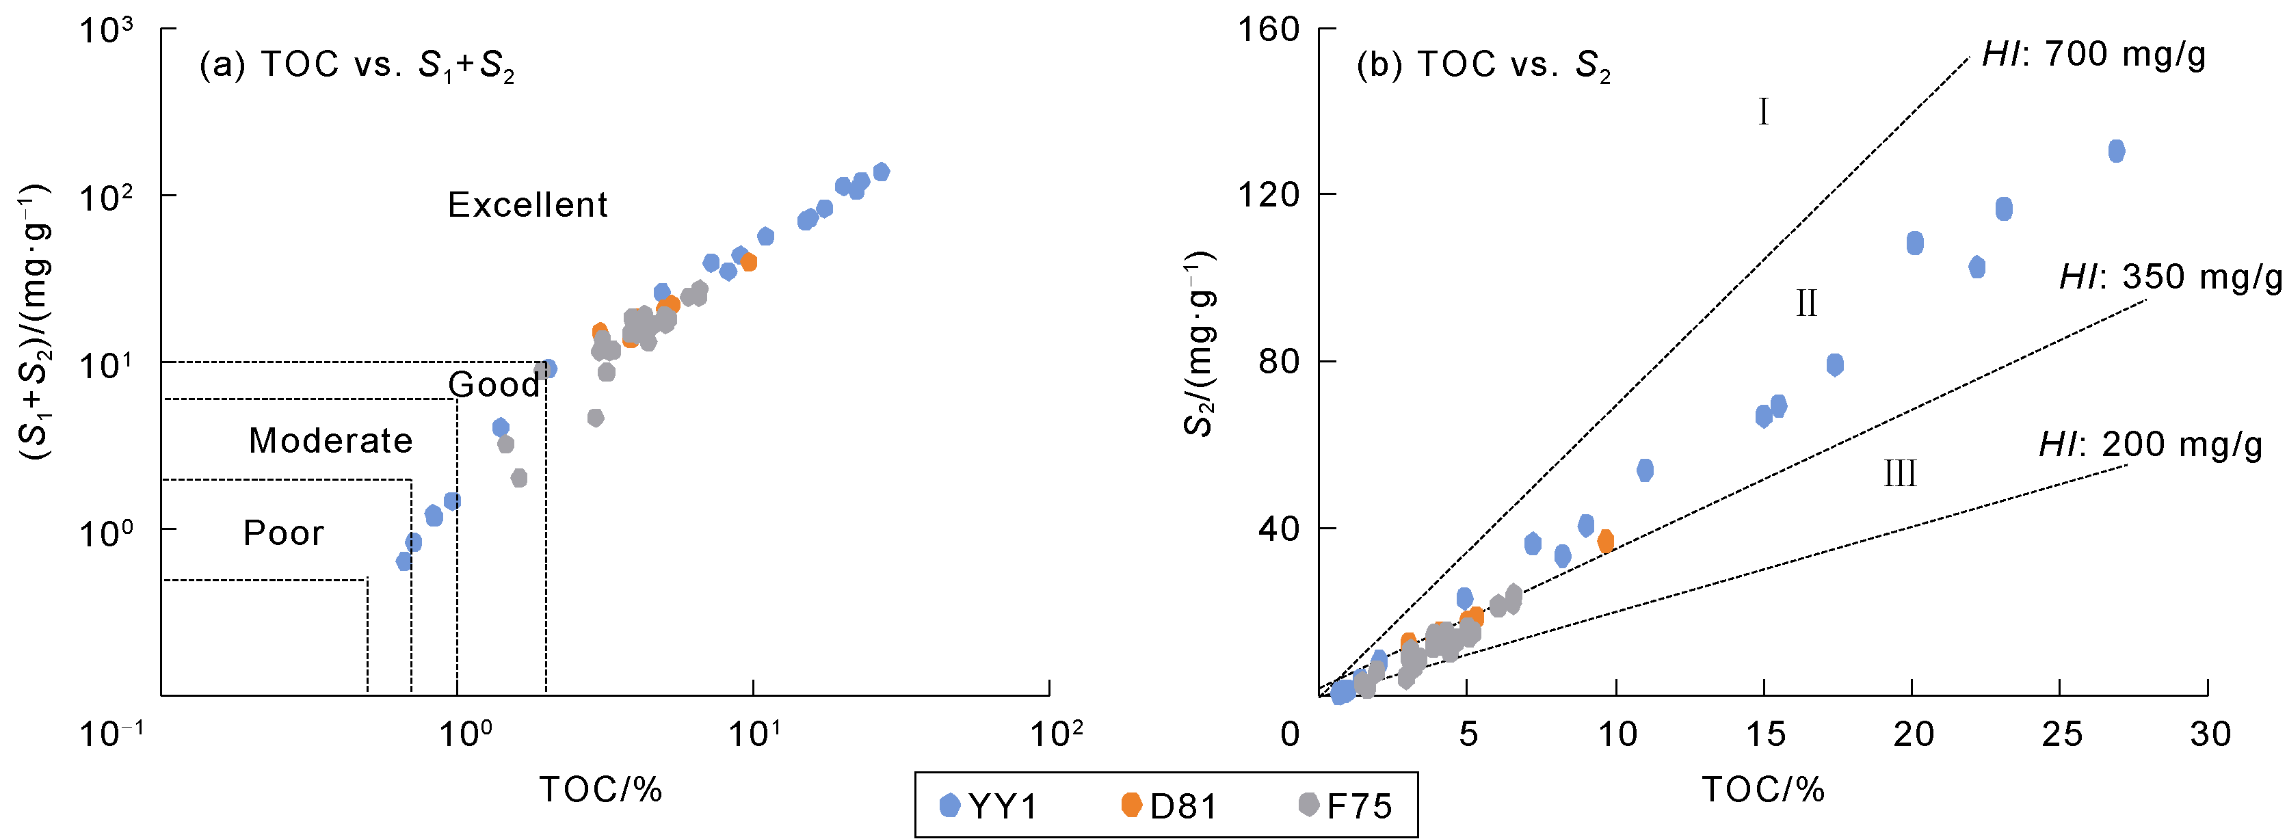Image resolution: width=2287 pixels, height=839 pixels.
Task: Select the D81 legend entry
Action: (x=1170, y=806)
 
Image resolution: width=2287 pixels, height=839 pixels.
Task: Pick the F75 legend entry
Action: (x=1346, y=806)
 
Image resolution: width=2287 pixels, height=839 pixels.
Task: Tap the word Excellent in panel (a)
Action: (x=527, y=205)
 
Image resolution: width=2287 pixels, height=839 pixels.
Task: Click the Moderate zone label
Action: (x=330, y=440)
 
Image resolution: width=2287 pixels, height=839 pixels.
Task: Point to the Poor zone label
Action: (x=283, y=533)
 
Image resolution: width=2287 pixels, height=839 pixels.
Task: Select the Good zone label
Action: (x=494, y=384)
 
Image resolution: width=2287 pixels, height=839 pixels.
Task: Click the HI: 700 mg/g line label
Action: (x=2093, y=55)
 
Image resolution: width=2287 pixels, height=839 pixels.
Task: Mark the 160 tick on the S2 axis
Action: (x=1269, y=30)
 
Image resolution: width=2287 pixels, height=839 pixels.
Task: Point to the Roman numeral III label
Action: (x=1900, y=474)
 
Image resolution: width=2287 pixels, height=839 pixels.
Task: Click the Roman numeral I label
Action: (x=1763, y=113)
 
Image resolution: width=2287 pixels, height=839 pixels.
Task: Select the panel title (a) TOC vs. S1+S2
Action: (x=357, y=66)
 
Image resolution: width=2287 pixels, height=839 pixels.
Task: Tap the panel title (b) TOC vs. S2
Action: (x=1483, y=66)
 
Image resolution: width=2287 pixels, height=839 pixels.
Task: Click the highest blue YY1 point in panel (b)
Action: (x=2117, y=151)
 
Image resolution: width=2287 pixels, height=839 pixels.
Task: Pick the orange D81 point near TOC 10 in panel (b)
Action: (x=1605, y=541)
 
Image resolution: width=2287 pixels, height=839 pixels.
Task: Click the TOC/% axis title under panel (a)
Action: (x=601, y=789)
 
